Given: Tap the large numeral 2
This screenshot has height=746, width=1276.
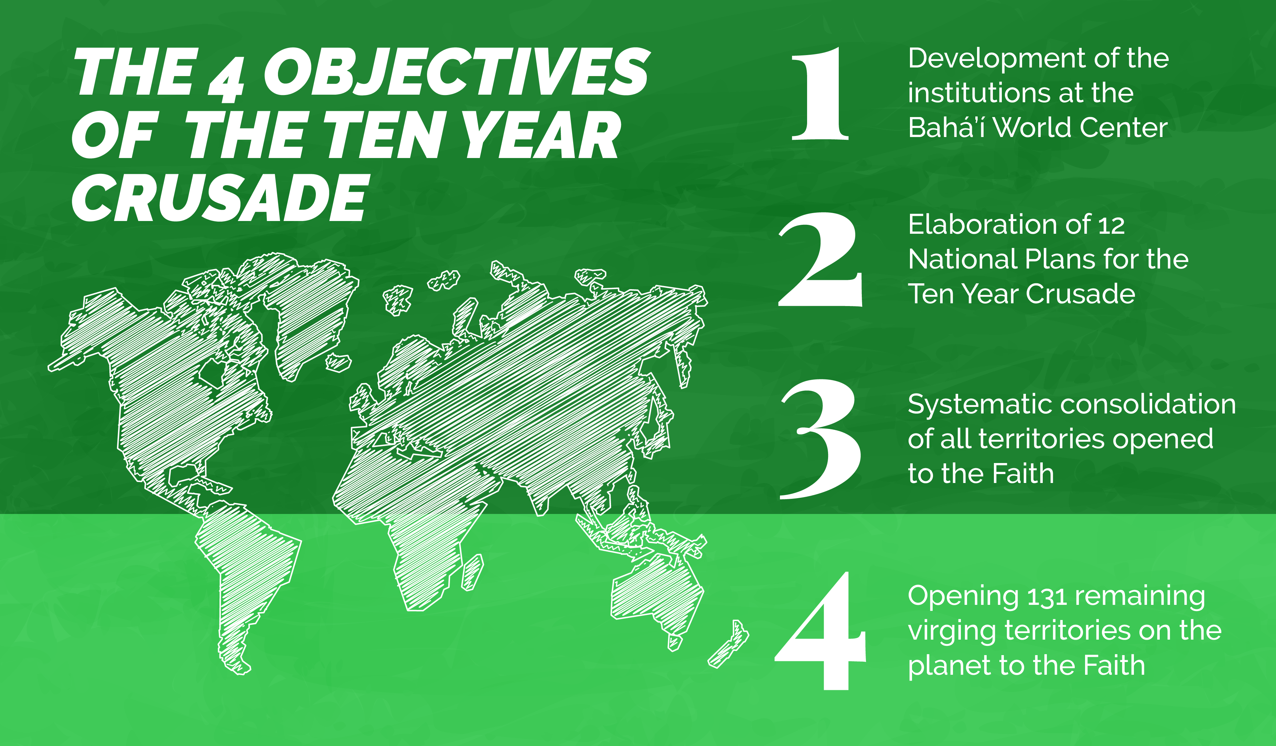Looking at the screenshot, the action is pyautogui.click(x=820, y=260).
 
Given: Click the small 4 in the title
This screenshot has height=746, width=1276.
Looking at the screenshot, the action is pyautogui.click(x=226, y=81).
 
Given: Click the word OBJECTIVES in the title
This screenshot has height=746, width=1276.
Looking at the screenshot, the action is pyautogui.click(x=457, y=72).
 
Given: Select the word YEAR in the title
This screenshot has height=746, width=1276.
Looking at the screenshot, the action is pyautogui.click(x=542, y=135).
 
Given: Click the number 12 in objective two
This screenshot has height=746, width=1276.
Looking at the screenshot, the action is pyautogui.click(x=1111, y=225).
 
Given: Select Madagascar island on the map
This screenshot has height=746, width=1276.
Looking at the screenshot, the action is pyautogui.click(x=472, y=572).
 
